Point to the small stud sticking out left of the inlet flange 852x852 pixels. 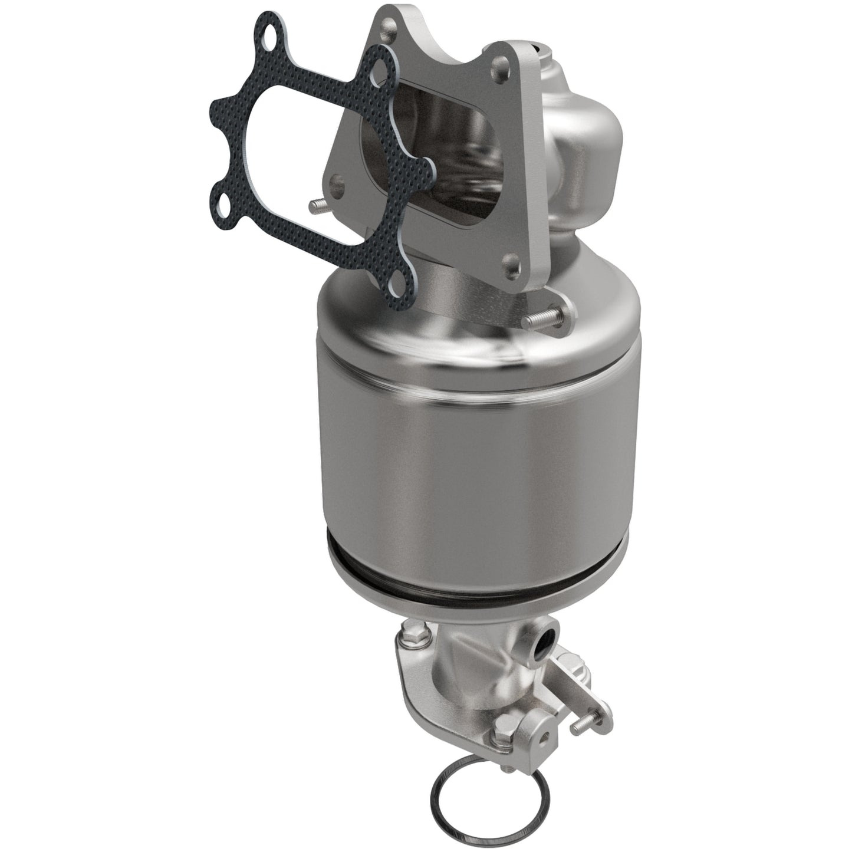(x=316, y=204)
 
